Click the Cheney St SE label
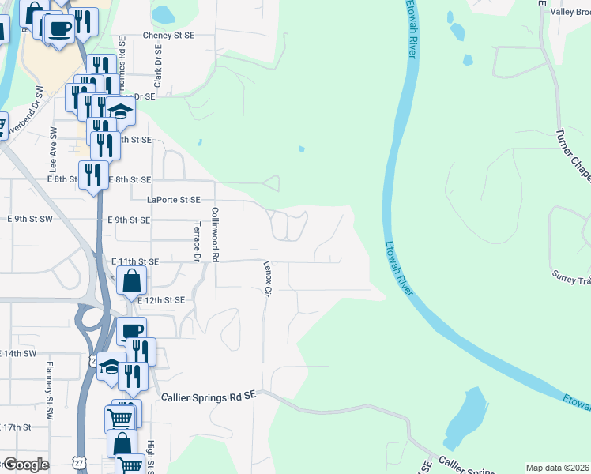click(x=168, y=36)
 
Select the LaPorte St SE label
click(x=167, y=200)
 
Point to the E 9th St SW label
click(x=29, y=218)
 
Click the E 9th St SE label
click(x=129, y=220)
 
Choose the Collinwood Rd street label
click(x=215, y=234)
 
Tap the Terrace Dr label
click(x=197, y=240)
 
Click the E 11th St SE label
click(x=135, y=261)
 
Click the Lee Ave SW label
click(x=54, y=160)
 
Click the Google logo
click(x=25, y=465)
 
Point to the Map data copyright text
click(x=558, y=468)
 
